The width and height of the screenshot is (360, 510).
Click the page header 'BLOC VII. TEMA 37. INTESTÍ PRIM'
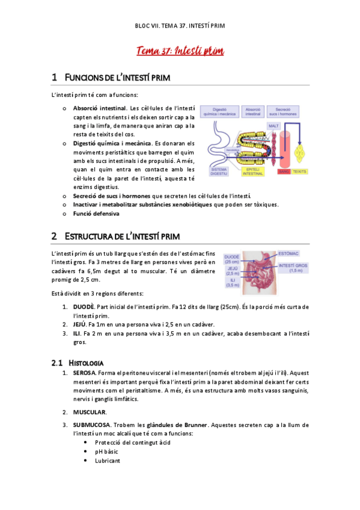pyautogui.click(x=180, y=27)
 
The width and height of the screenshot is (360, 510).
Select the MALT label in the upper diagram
pyautogui.click(x=273, y=126)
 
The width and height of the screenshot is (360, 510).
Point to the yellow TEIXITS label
pyautogui.click(x=299, y=171)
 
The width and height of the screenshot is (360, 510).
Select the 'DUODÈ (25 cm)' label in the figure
pyautogui.click(x=231, y=259)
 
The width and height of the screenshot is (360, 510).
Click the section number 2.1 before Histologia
pyautogui.click(x=57, y=363)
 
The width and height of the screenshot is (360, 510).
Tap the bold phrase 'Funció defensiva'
pyautogui.click(x=96, y=213)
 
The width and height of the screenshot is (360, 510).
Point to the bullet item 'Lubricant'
pyautogui.click(x=108, y=461)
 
